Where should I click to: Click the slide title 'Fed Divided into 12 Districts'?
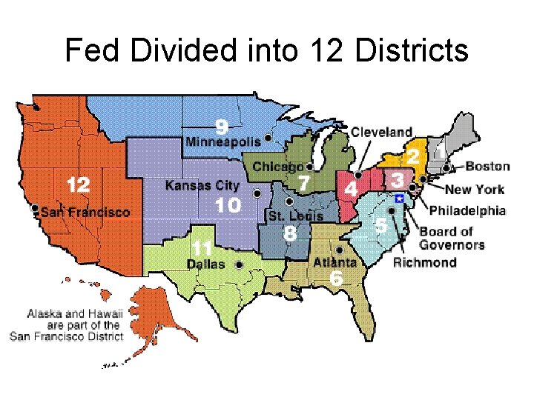pyautogui.click(x=267, y=50)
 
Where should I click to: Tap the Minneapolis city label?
pyautogui.click(x=223, y=141)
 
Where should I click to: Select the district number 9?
pyautogui.click(x=222, y=124)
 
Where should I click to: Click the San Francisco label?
pyautogui.click(x=85, y=212)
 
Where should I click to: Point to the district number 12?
pyautogui.click(x=78, y=184)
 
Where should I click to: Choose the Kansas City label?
pyautogui.click(x=202, y=185)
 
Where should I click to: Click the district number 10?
pyautogui.click(x=228, y=204)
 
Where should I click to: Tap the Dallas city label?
pyautogui.click(x=206, y=264)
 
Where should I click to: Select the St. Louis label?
pyautogui.click(x=296, y=216)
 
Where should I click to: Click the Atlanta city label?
pyautogui.click(x=334, y=262)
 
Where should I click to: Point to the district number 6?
pyautogui.click(x=336, y=278)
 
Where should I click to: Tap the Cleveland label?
pyautogui.click(x=381, y=132)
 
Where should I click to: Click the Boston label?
pyautogui.click(x=487, y=166)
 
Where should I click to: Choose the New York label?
pyautogui.click(x=475, y=189)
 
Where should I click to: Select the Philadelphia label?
pyautogui.click(x=467, y=210)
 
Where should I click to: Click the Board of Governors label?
pyautogui.click(x=452, y=238)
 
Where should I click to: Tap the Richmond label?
pyautogui.click(x=424, y=262)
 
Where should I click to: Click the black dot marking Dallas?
pyautogui.click(x=239, y=264)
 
